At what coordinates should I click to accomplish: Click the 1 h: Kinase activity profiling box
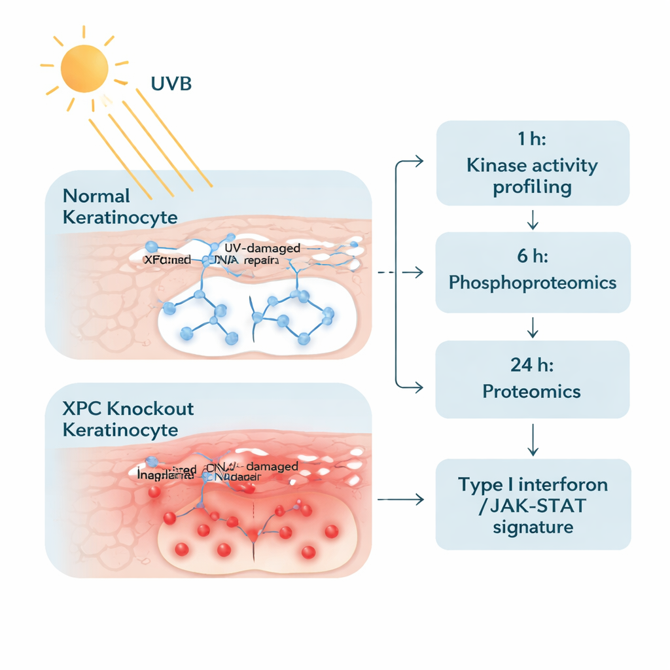point(533,163)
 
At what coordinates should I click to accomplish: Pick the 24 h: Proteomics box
point(533,379)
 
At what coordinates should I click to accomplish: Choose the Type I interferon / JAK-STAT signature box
point(533,504)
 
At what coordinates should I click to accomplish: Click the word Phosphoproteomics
point(533,283)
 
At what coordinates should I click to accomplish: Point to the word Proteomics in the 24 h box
point(531,391)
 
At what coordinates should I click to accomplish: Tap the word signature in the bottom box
point(533,527)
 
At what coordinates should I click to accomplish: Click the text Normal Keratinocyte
point(120,206)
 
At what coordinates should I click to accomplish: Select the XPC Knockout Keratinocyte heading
point(128,419)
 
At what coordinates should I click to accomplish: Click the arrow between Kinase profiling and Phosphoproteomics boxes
point(533,220)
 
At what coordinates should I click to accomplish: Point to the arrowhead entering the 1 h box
point(419,160)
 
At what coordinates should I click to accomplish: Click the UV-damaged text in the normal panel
point(262,249)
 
